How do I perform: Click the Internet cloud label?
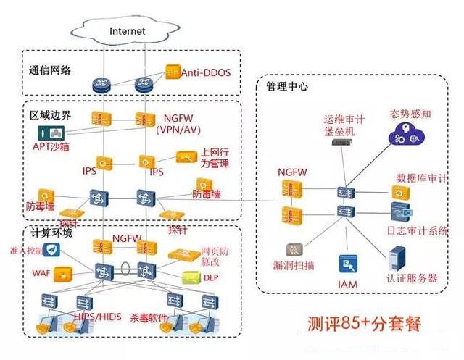coord(128,31)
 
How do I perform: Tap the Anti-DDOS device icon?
coord(172,72)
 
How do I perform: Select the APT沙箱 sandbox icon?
coord(52,134)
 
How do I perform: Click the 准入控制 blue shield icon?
coord(54,251)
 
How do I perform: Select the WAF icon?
coord(65,273)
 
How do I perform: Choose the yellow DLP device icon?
coord(190,277)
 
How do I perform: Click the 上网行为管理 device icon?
coord(186,158)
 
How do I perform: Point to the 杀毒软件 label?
coord(149,318)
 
